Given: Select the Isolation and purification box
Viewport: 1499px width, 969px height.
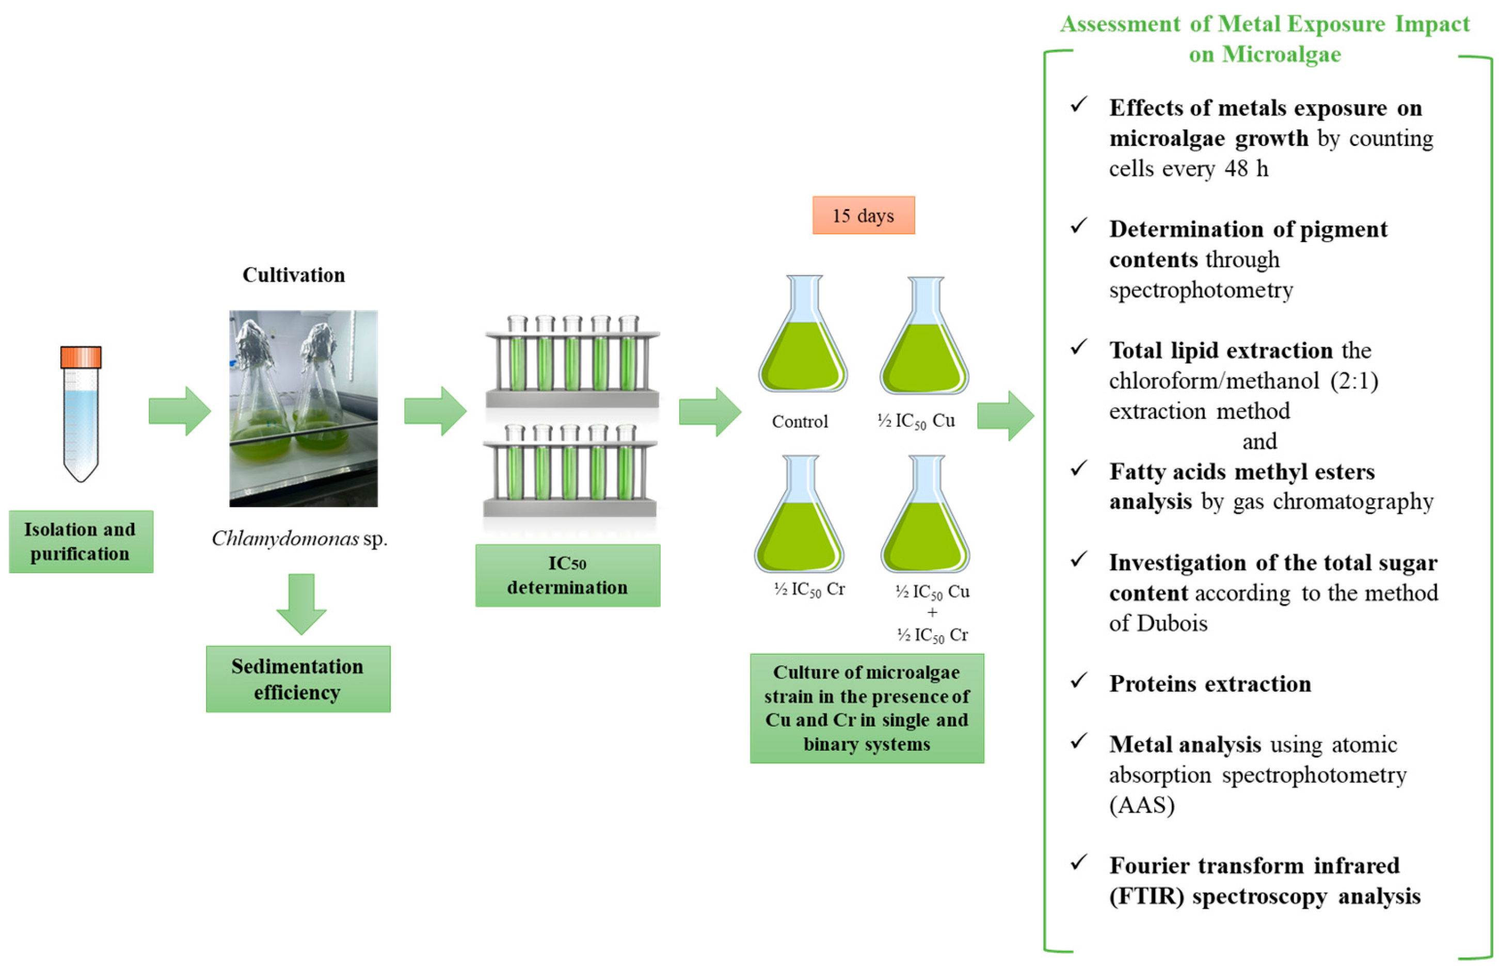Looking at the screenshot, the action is click(81, 541).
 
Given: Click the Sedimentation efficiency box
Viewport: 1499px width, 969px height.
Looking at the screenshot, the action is click(298, 679).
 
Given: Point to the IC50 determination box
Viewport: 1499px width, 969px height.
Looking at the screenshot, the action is click(568, 575).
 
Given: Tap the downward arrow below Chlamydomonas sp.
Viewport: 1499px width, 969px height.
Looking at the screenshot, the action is click(301, 604).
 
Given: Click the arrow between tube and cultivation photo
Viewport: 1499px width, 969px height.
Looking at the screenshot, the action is click(179, 411).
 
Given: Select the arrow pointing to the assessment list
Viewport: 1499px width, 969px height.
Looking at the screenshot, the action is click(1005, 415).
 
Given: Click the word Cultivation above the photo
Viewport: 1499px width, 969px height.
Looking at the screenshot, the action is click(294, 275).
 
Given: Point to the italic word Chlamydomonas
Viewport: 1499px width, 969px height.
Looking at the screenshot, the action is click(285, 539).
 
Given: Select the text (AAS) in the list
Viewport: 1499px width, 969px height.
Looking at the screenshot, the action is click(1142, 805).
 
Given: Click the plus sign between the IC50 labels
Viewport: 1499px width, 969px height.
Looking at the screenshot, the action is click(932, 612).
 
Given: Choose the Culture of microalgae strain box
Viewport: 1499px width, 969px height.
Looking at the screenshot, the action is click(867, 708).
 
